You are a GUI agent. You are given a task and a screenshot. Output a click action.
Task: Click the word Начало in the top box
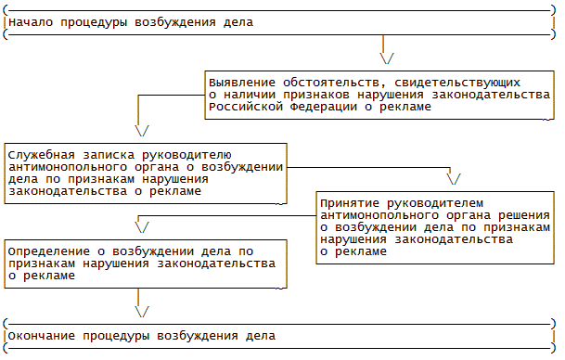(31, 22)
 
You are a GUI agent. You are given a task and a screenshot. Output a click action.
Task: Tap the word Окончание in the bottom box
(42, 336)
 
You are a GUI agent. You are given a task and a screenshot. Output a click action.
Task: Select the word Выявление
(242, 83)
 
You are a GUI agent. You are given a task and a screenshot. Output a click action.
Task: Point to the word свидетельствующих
(457, 83)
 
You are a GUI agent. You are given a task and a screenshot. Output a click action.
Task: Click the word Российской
(246, 107)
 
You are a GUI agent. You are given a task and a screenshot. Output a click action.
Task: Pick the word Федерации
(324, 107)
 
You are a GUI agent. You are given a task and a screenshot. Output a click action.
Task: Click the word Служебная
(42, 155)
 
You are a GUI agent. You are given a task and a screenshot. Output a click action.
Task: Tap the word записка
(109, 155)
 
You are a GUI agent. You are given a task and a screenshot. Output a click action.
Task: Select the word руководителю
(186, 155)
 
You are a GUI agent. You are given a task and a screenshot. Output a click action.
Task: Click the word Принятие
(350, 203)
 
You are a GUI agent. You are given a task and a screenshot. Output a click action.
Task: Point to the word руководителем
(435, 203)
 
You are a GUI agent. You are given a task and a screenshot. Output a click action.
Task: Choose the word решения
(524, 215)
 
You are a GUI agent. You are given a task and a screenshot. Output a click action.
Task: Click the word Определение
(48, 251)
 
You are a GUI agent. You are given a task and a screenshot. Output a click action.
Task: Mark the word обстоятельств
(331, 83)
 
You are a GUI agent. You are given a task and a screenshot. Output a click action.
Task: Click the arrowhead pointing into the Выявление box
(387, 58)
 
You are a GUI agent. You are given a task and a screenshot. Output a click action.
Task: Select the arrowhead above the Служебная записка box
(142, 131)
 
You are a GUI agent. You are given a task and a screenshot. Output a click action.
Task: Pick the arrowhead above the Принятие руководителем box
(454, 179)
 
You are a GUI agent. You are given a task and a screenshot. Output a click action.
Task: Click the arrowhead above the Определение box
(142, 227)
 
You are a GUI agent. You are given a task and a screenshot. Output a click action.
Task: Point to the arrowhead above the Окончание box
(142, 312)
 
